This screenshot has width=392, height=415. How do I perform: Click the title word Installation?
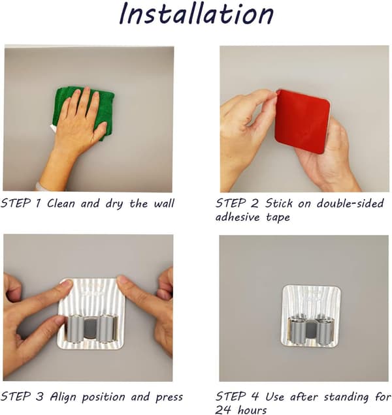[x=197, y=13]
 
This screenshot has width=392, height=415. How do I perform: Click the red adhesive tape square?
[x=302, y=121]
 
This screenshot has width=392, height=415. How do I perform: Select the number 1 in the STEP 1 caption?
[x=38, y=204]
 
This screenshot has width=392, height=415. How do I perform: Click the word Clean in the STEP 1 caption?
[x=61, y=204]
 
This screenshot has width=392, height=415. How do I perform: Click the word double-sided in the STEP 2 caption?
[x=350, y=204]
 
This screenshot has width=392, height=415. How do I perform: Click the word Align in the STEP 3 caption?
[x=63, y=397]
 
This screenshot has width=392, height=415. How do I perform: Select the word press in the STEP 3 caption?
[x=169, y=397]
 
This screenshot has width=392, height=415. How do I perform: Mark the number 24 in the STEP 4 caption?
[x=223, y=410]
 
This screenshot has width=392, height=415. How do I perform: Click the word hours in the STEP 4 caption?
[x=252, y=410]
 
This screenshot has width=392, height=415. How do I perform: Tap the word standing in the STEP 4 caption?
[x=346, y=397]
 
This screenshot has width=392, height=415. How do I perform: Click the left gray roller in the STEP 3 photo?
[x=75, y=329]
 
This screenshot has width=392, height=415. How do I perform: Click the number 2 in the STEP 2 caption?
[x=254, y=204]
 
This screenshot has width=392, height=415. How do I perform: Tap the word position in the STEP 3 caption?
[x=103, y=397]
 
